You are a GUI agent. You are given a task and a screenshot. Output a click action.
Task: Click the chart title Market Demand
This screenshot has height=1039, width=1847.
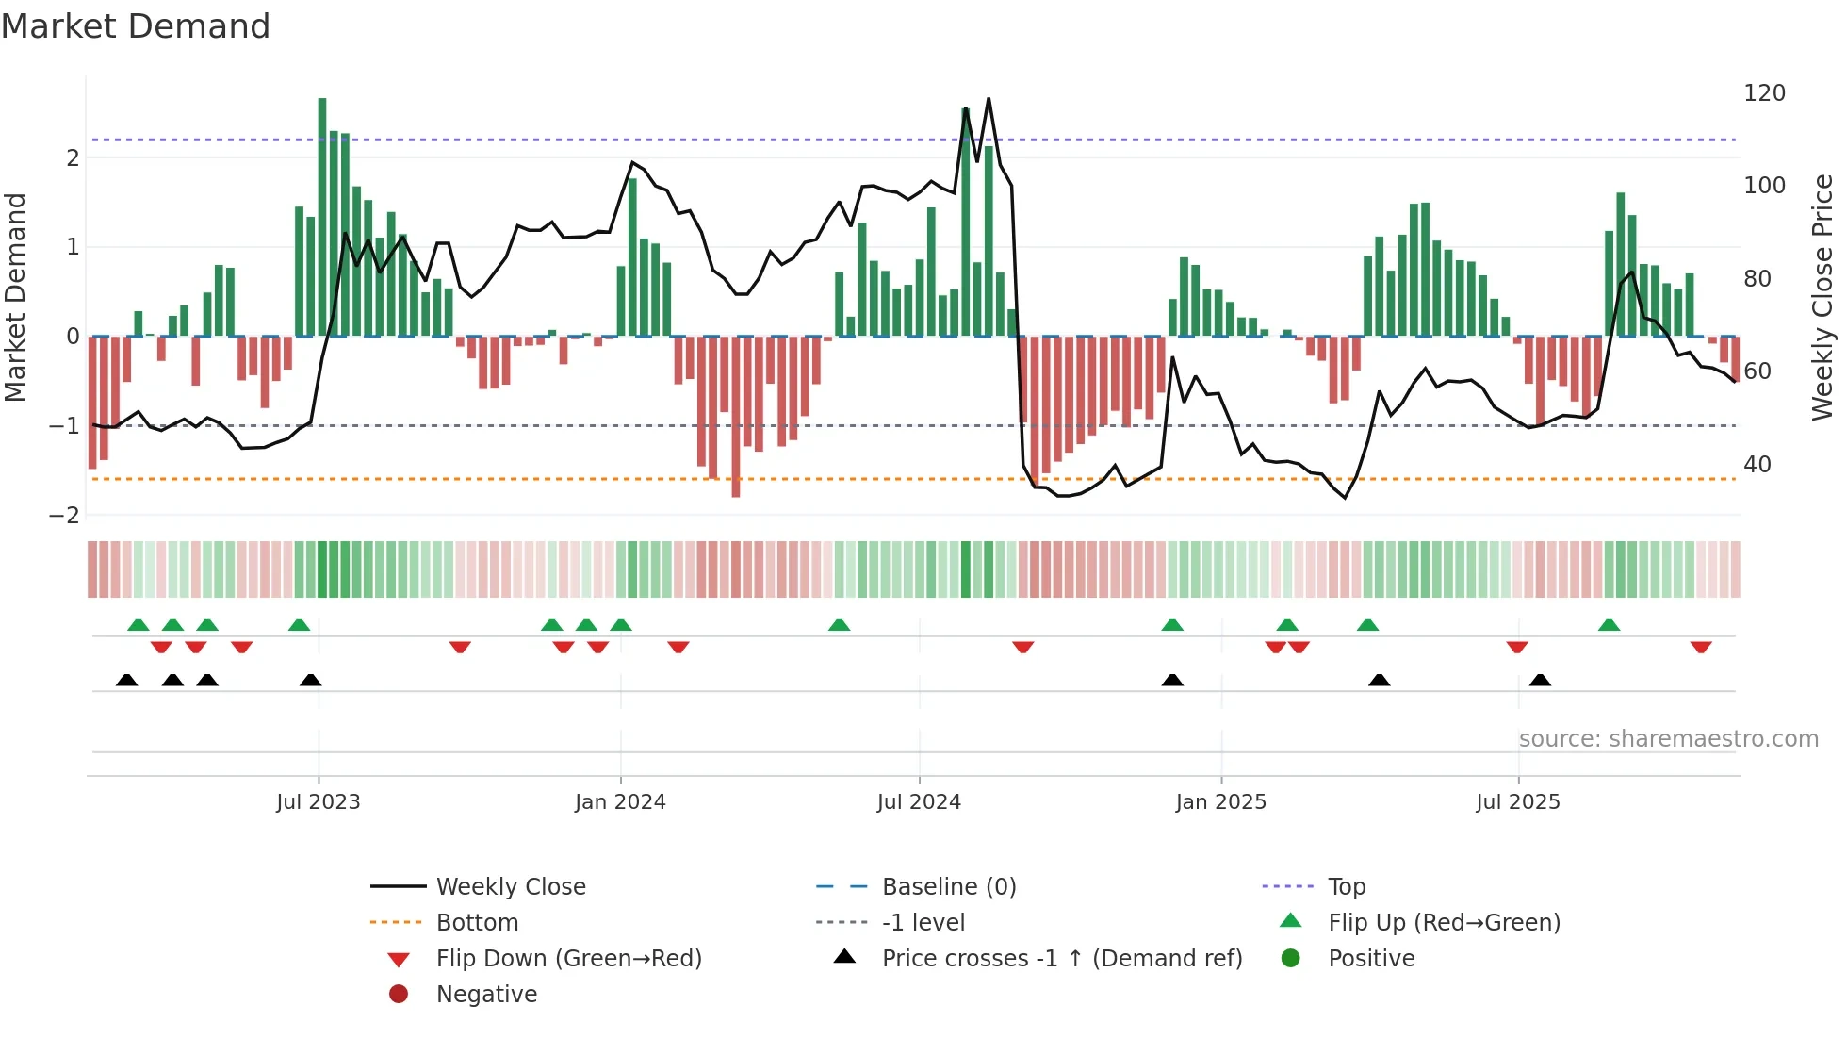click(x=136, y=26)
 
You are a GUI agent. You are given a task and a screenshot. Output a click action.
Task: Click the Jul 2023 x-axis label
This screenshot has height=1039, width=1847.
click(x=319, y=802)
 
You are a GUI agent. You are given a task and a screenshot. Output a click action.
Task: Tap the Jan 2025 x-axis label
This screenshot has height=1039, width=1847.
click(x=1221, y=802)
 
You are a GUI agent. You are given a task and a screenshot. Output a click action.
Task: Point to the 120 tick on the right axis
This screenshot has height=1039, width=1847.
click(x=1764, y=93)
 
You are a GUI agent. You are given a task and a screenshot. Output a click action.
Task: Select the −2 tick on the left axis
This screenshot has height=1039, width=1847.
click(x=65, y=516)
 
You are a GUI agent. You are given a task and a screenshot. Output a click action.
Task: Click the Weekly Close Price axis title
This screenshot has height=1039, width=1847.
click(x=1822, y=297)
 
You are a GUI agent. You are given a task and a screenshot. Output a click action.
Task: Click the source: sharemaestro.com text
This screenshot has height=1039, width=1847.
click(x=1668, y=739)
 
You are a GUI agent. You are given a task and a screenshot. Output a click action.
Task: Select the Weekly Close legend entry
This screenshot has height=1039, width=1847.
click(x=510, y=887)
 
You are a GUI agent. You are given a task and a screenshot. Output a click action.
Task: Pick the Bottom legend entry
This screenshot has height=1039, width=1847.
click(x=477, y=923)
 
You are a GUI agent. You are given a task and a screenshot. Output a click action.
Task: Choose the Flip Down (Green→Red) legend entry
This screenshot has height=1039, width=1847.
click(x=568, y=959)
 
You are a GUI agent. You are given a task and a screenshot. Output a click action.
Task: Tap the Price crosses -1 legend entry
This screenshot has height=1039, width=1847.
click(x=1061, y=959)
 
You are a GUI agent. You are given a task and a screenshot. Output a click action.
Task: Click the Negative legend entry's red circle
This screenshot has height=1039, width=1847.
click(x=399, y=995)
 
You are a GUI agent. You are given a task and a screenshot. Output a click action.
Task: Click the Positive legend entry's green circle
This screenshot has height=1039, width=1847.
click(x=1291, y=959)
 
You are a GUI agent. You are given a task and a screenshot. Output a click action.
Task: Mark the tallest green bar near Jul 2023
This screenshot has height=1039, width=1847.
click(x=322, y=217)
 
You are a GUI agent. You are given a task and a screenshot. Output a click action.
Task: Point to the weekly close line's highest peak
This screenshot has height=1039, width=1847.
click(x=989, y=99)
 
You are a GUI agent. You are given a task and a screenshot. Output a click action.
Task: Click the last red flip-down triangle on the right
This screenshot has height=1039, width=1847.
click(x=1701, y=647)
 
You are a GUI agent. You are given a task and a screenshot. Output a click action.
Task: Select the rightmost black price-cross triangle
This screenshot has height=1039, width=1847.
click(x=1540, y=680)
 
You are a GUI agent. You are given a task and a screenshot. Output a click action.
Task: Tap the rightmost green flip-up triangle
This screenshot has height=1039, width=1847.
click(x=1610, y=625)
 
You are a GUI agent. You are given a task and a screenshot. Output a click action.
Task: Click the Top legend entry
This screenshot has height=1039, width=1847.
click(x=1346, y=887)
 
